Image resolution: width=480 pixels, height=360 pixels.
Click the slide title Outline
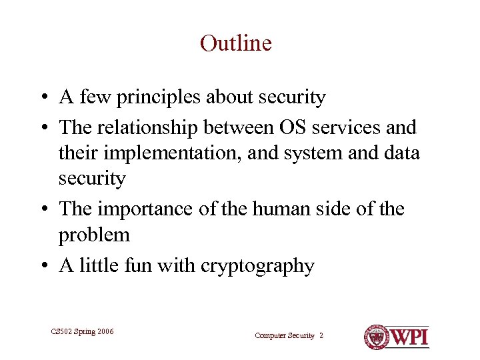236,44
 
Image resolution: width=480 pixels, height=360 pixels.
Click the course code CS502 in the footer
62,332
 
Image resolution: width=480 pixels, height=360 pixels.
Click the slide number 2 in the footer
321,336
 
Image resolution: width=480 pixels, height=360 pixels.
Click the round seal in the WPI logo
377,337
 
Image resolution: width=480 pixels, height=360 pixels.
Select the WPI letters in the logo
409,337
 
